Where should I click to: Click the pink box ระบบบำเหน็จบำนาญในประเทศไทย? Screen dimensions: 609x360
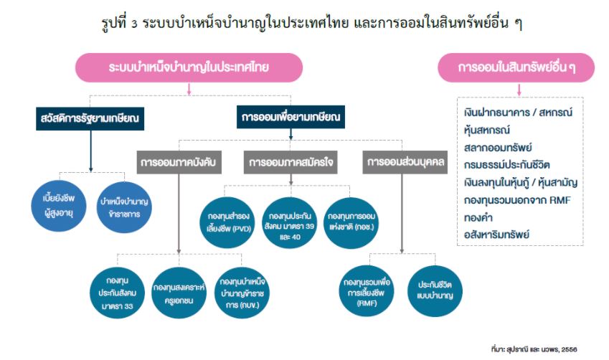[189, 67]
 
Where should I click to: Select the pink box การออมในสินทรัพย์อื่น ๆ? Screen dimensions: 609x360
[516, 67]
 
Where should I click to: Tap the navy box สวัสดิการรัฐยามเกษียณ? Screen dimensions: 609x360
[90, 118]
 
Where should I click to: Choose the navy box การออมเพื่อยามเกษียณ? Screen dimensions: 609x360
[291, 117]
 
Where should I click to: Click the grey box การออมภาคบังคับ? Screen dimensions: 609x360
[179, 162]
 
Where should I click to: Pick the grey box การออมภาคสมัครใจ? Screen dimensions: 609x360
[291, 162]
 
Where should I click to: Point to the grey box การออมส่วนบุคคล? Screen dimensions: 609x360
[405, 162]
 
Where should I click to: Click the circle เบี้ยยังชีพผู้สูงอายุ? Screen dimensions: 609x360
[59, 206]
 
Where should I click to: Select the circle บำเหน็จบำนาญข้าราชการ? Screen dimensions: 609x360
[124, 207]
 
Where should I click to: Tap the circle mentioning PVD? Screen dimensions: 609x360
[228, 222]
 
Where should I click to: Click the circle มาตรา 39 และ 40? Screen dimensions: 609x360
[290, 222]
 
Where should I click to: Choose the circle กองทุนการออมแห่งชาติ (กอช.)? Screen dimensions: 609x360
[351, 222]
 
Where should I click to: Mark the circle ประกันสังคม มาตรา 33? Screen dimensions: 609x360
[118, 293]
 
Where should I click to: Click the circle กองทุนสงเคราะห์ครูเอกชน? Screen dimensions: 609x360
[179, 293]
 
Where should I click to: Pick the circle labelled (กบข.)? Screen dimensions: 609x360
[242, 293]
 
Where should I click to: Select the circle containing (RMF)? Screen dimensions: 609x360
[367, 291]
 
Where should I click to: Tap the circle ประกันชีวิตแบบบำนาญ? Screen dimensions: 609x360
[435, 291]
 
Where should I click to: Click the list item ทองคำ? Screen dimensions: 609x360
[478, 217]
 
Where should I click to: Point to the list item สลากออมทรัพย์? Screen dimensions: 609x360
[498, 148]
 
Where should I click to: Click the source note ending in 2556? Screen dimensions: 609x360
[534, 349]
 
